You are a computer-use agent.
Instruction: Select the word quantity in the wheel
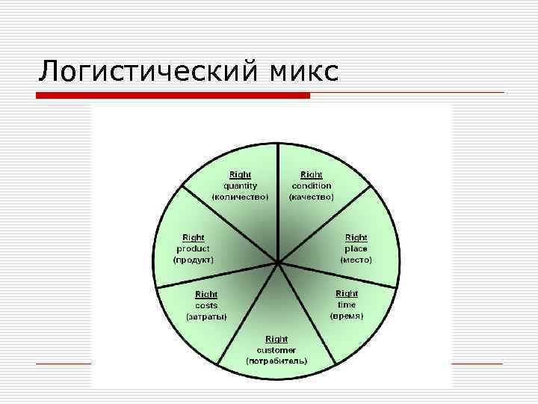pos(241,186)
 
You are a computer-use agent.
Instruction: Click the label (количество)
pos(241,197)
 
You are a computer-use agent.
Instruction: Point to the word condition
pos(311,186)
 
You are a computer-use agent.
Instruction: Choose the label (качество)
pos(311,197)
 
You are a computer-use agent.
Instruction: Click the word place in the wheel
pos(356,248)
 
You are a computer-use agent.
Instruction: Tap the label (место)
pos(356,260)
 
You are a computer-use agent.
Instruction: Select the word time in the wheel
pos(347,304)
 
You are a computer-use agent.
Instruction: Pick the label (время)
pos(347,316)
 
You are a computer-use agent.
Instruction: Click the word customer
pos(276,349)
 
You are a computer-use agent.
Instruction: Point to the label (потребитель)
pos(276,361)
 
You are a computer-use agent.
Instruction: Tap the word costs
pos(206,305)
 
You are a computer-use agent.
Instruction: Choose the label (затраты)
pos(206,316)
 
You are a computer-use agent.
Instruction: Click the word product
pos(193,248)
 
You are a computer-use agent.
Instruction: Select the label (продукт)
pos(193,260)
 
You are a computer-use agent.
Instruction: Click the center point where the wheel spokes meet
pos(277,263)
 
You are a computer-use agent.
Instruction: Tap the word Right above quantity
pos(241,174)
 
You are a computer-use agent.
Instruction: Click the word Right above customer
pos(276,339)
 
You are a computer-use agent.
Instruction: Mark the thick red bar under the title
pos(173,96)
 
